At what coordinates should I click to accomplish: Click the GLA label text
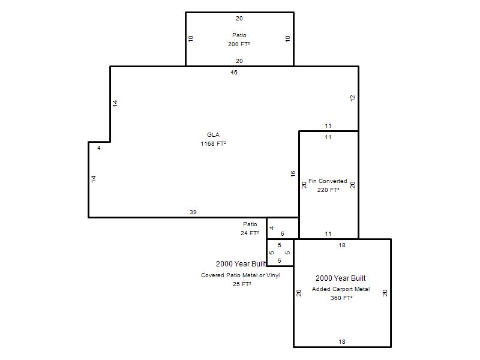tap(213, 134)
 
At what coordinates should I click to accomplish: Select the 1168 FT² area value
tap(213, 143)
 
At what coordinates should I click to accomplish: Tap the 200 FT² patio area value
tap(239, 44)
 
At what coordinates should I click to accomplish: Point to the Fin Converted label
tap(328, 181)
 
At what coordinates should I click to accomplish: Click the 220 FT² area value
tap(328, 190)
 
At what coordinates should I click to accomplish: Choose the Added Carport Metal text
tap(341, 289)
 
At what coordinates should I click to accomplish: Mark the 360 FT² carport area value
tap(341, 298)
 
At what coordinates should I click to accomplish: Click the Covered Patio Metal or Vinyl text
tap(241, 275)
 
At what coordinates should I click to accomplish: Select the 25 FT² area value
tap(242, 284)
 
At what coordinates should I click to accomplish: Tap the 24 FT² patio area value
tap(250, 233)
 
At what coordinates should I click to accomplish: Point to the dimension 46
tap(234, 72)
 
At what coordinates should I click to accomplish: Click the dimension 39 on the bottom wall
tap(193, 212)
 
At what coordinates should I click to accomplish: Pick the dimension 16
tap(293, 174)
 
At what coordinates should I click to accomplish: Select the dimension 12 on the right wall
tap(353, 98)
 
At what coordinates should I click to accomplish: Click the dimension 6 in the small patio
tap(282, 234)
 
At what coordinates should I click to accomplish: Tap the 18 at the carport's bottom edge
tap(342, 341)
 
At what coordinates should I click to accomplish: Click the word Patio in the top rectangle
tap(239, 35)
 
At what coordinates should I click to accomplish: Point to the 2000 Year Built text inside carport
tap(340, 278)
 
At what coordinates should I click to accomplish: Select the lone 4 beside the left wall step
tap(99, 148)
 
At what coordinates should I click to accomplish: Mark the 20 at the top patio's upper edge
tap(239, 19)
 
